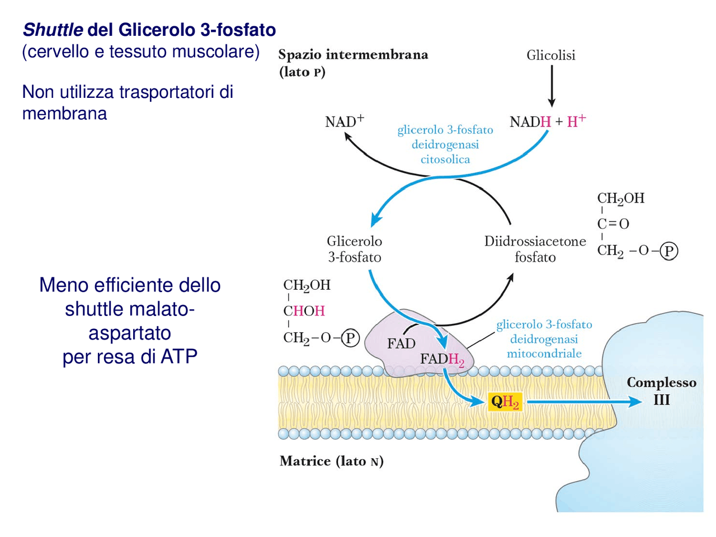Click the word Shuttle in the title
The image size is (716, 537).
point(53,30)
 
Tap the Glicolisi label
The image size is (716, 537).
point(550,55)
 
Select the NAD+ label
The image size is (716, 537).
point(344,121)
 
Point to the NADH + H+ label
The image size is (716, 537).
point(548,121)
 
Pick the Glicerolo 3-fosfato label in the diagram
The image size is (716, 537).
point(354,249)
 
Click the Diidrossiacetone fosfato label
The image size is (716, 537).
point(535,249)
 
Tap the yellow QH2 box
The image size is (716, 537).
point(505,402)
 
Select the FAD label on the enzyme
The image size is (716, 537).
point(401,343)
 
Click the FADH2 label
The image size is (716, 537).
point(442,359)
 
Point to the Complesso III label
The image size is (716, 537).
point(661,391)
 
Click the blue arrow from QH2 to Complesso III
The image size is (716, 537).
point(582,402)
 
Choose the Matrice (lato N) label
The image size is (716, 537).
point(331,461)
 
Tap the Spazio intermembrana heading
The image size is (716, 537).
point(353,55)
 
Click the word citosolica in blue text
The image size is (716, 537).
point(445,159)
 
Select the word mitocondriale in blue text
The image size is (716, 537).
point(544,354)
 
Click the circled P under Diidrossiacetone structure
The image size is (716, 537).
point(668,251)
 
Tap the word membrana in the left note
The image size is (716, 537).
point(64,114)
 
